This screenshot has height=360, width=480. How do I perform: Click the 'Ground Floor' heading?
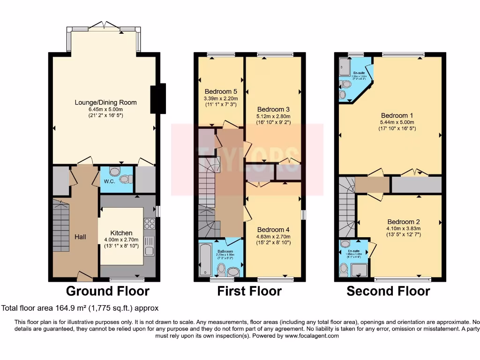tap(107, 291)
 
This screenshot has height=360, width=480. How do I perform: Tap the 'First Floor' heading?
tap(249, 291)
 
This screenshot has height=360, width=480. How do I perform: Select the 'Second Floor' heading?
tap(388, 291)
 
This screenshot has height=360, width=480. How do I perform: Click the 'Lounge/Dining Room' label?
tap(105, 102)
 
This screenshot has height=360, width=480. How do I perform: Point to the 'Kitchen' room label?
tap(121, 233)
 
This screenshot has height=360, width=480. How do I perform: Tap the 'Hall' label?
tap(80, 237)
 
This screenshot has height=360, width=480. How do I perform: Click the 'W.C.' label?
tap(110, 181)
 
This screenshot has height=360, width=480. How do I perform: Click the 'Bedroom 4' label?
tap(274, 230)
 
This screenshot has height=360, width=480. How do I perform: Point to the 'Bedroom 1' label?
tap(397, 115)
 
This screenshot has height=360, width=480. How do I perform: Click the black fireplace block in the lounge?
tap(157, 99)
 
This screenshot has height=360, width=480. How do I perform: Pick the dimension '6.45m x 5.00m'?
tap(105, 109)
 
